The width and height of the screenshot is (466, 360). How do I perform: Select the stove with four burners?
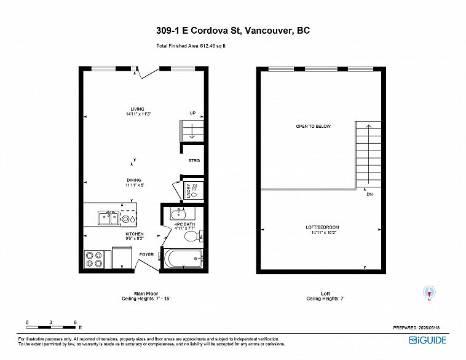click(94, 259)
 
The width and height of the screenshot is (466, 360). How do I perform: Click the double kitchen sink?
click(108, 218)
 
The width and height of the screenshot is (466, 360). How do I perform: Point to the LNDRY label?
click(188, 190)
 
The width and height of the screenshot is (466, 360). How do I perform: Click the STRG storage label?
click(194, 161)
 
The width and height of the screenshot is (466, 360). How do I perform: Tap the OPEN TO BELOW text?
click(314, 126)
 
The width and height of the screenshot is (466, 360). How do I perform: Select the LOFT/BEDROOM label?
click(323, 227)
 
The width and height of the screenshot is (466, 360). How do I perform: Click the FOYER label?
click(147, 254)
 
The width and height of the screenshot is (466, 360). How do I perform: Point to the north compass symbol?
click(429, 292)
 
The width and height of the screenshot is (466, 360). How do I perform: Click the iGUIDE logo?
click(428, 340)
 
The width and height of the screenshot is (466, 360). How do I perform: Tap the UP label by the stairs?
click(192, 113)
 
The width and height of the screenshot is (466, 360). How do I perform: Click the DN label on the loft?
click(369, 194)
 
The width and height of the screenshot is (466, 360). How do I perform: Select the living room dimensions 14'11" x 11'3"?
click(138, 114)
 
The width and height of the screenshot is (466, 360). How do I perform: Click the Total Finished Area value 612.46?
click(208, 46)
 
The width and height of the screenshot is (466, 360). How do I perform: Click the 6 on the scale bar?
click(75, 323)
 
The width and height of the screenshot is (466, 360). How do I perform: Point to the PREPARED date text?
click(416, 328)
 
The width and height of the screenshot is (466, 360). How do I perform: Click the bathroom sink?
click(178, 214)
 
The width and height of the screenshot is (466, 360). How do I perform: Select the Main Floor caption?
click(146, 294)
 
